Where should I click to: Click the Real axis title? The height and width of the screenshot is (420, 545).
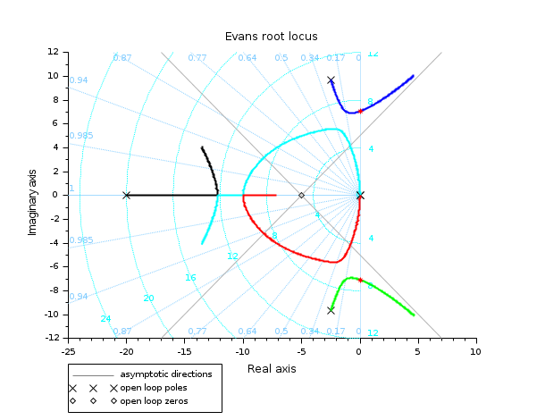point(272,368)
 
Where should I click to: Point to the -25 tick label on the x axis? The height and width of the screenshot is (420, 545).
point(68,352)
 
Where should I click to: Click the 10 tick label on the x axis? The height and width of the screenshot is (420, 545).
point(475,352)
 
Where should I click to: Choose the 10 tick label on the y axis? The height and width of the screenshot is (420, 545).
point(54,76)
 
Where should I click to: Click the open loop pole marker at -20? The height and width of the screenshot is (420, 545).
point(126,195)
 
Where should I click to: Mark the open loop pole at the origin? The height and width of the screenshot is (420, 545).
point(359,195)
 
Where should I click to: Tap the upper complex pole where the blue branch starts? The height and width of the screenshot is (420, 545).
point(331,80)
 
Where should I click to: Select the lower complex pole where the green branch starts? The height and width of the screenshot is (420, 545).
point(331,310)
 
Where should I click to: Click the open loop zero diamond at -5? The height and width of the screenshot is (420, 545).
point(301,195)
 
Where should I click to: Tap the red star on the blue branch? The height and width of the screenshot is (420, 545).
point(360,111)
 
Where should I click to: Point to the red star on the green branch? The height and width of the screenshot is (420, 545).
point(360,280)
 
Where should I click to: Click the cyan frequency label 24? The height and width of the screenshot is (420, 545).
point(105,318)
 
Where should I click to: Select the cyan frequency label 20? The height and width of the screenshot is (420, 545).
point(148,298)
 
